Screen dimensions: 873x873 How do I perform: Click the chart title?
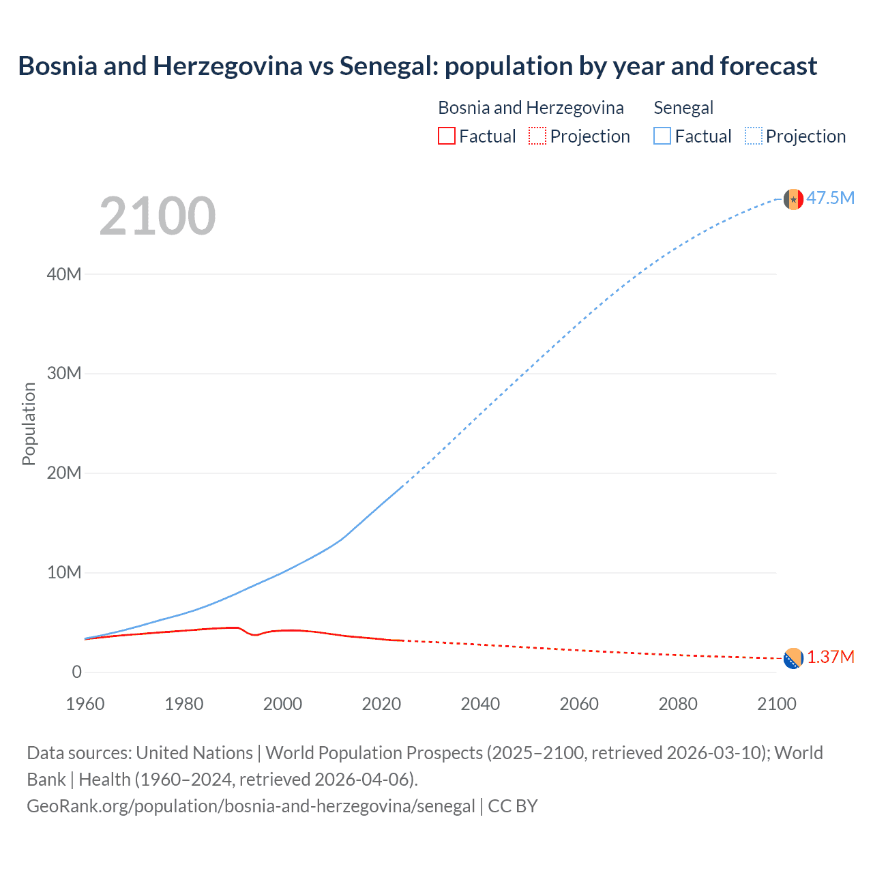(417, 66)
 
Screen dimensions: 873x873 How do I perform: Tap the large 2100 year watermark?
(158, 216)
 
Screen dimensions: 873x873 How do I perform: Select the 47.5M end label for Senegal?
(830, 198)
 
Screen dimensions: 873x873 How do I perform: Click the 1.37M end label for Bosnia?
(830, 657)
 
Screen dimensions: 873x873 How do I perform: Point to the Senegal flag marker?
(793, 199)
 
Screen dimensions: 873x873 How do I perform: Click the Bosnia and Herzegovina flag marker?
(793, 658)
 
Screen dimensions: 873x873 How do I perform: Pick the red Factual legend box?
(446, 136)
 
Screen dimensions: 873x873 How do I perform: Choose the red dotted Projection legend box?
(537, 136)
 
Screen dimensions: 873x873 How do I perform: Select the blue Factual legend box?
(662, 136)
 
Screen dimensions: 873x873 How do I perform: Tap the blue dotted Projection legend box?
(753, 136)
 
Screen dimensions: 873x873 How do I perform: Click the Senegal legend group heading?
(683, 108)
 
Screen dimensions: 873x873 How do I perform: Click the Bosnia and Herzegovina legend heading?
(531, 108)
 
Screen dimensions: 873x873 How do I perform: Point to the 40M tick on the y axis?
(64, 274)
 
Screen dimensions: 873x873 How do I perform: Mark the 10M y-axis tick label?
(64, 572)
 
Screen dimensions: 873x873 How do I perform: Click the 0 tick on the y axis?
(76, 672)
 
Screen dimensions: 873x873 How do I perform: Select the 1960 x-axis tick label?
(85, 704)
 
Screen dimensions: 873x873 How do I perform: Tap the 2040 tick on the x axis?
(480, 704)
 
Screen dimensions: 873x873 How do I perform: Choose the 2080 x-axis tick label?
(678, 704)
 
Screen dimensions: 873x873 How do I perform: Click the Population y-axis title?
(29, 424)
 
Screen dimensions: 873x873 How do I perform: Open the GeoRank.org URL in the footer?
(250, 806)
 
